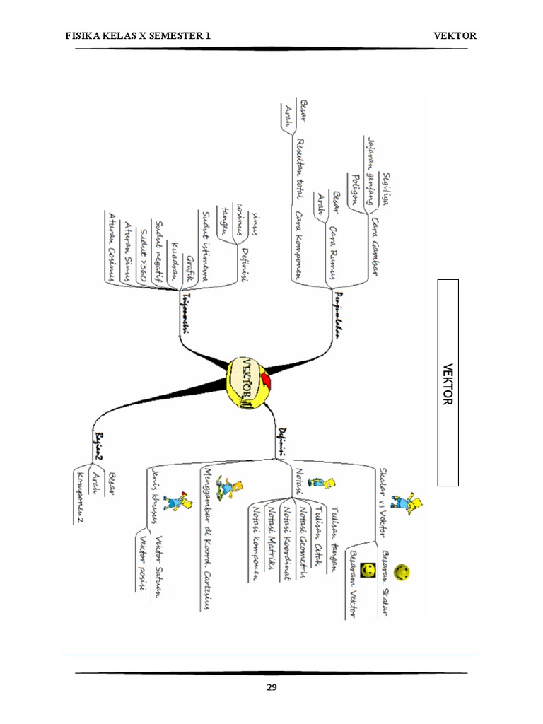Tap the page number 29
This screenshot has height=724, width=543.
click(x=271, y=688)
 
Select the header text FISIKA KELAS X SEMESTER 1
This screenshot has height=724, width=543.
click(x=138, y=35)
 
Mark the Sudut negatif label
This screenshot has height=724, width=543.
click(x=158, y=247)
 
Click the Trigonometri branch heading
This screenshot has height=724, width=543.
click(x=186, y=311)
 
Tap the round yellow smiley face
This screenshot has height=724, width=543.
click(x=402, y=571)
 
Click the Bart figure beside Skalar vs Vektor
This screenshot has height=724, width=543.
click(x=404, y=501)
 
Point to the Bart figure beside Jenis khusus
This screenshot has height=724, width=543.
click(x=183, y=499)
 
